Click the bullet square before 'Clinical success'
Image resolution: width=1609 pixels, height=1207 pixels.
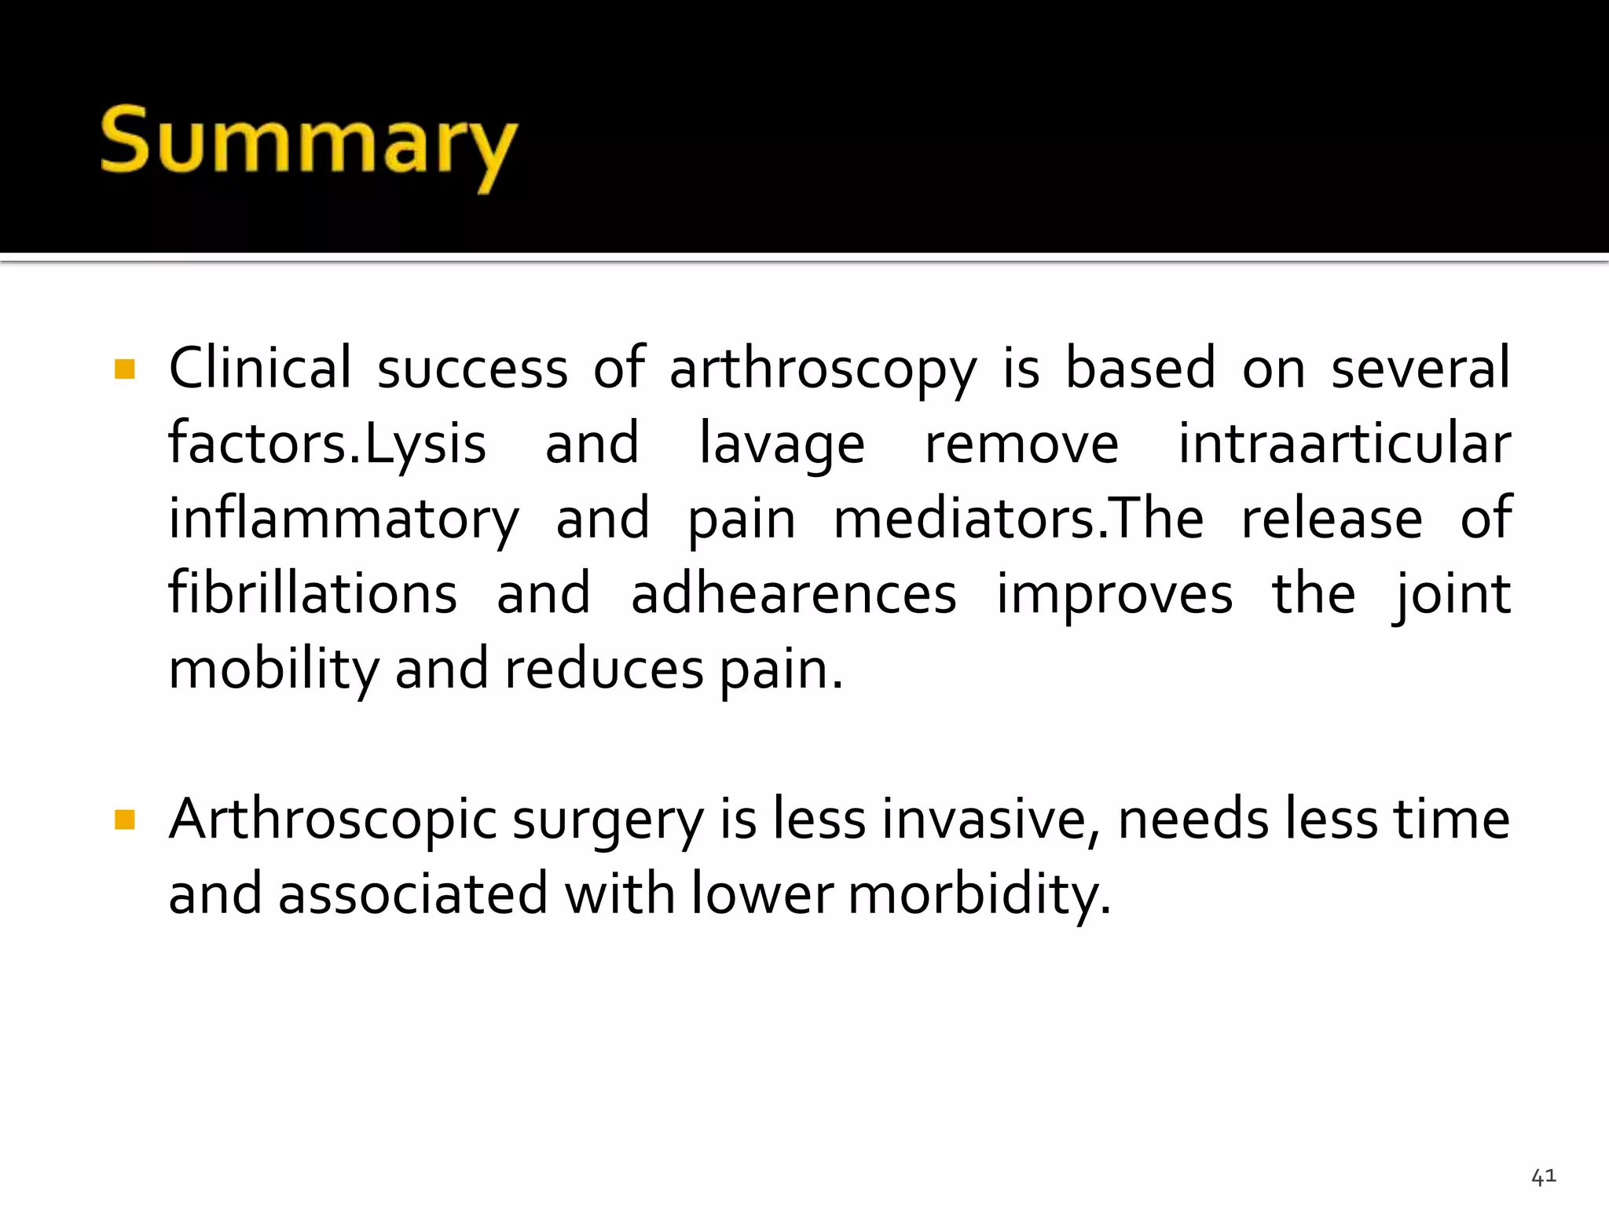click(125, 369)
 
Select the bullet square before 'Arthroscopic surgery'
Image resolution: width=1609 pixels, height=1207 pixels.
click(125, 820)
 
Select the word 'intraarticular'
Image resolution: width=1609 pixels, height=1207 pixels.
click(1344, 443)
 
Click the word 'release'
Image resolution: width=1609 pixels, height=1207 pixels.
click(1332, 519)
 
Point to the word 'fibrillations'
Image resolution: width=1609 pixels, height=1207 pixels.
click(313, 593)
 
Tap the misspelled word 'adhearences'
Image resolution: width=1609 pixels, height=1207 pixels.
click(794, 594)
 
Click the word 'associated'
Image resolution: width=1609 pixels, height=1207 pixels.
click(412, 895)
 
